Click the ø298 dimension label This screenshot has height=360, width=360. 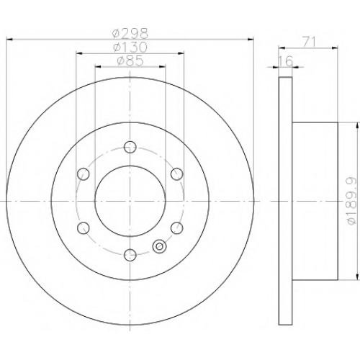pyautogui.click(x=130, y=34)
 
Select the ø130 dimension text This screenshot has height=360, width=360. pyautogui.click(x=130, y=48)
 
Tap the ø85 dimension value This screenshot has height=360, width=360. pyautogui.click(x=130, y=60)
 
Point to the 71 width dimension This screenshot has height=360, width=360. pyautogui.click(x=309, y=42)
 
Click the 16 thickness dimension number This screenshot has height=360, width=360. pyautogui.click(x=286, y=61)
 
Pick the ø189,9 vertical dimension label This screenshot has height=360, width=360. pyautogui.click(x=352, y=201)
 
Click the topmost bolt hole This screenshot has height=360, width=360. pyautogui.click(x=130, y=147)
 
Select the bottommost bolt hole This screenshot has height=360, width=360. pyautogui.click(x=130, y=255)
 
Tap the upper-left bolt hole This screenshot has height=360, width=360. pyautogui.click(x=84, y=174)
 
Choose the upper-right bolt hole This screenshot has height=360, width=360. pyautogui.click(x=177, y=174)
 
